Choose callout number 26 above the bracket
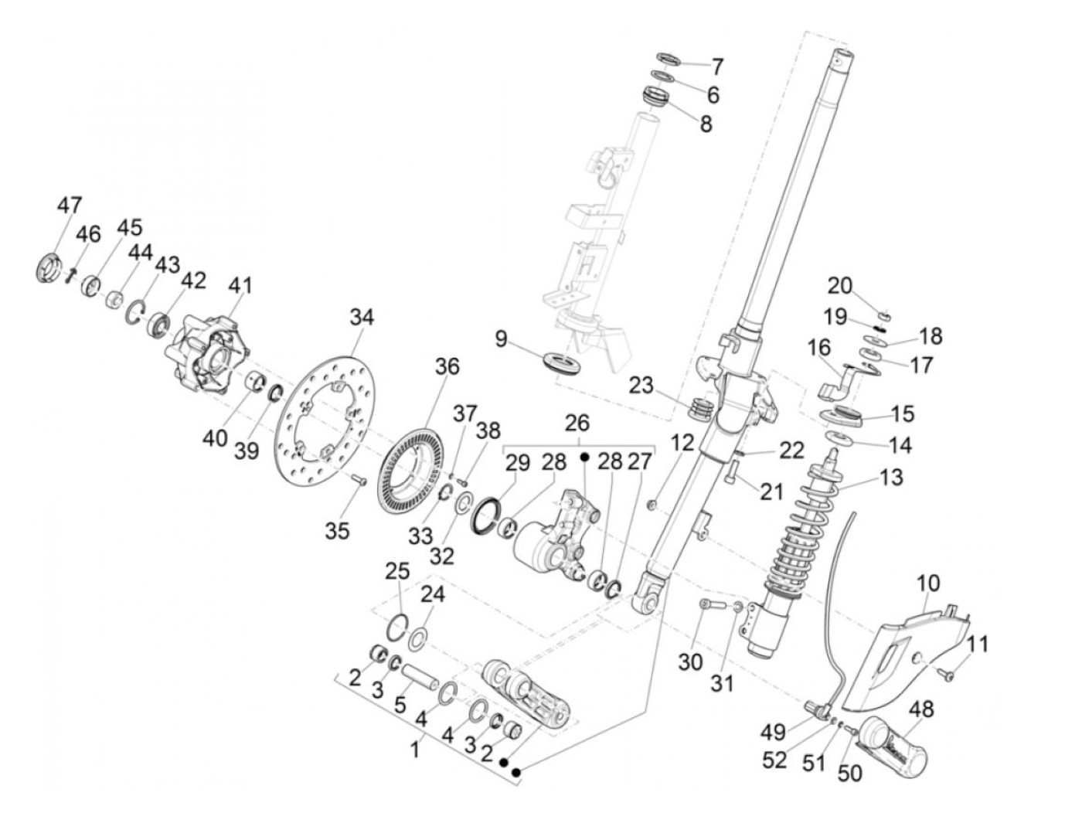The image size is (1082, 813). pos(577,423)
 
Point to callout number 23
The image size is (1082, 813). pos(641,384)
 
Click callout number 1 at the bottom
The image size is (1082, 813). pos(415,749)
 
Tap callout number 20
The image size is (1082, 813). pos(839,286)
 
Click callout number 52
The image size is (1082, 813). pos(775,760)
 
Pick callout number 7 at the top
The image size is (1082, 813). pos(716,65)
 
